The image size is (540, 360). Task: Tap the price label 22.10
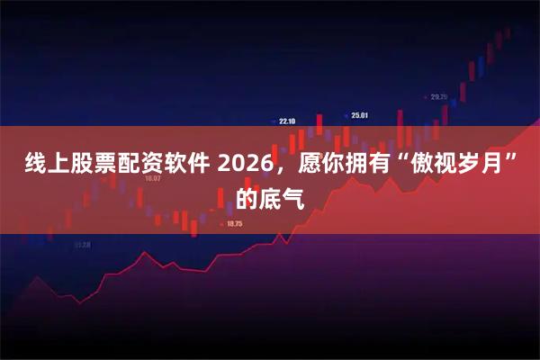(x=287, y=120)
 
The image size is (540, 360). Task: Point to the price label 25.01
(x=360, y=115)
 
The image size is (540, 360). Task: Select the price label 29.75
(x=438, y=96)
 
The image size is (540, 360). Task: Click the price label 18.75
(x=235, y=223)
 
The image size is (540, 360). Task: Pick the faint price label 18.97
(x=152, y=178)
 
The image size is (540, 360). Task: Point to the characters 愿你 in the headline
(x=321, y=166)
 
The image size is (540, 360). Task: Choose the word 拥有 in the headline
(x=368, y=166)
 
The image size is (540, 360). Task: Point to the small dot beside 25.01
(x=346, y=114)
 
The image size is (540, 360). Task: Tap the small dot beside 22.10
(x=274, y=119)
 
